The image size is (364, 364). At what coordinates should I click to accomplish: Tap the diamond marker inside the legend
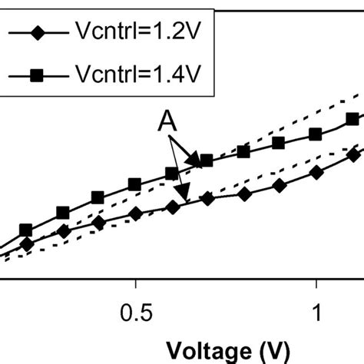[37, 35]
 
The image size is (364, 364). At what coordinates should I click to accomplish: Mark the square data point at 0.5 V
[134, 184]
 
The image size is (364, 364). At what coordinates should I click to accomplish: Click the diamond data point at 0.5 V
[135, 214]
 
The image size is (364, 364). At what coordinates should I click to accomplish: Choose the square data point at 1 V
[315, 134]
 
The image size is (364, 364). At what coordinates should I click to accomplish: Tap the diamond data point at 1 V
[316, 174]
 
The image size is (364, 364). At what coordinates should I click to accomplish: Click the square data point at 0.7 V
[206, 160]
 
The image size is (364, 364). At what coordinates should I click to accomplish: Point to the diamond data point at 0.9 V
[280, 186]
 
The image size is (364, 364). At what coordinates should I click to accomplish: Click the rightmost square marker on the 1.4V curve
[352, 119]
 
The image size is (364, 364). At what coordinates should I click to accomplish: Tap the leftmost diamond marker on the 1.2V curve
[27, 244]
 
